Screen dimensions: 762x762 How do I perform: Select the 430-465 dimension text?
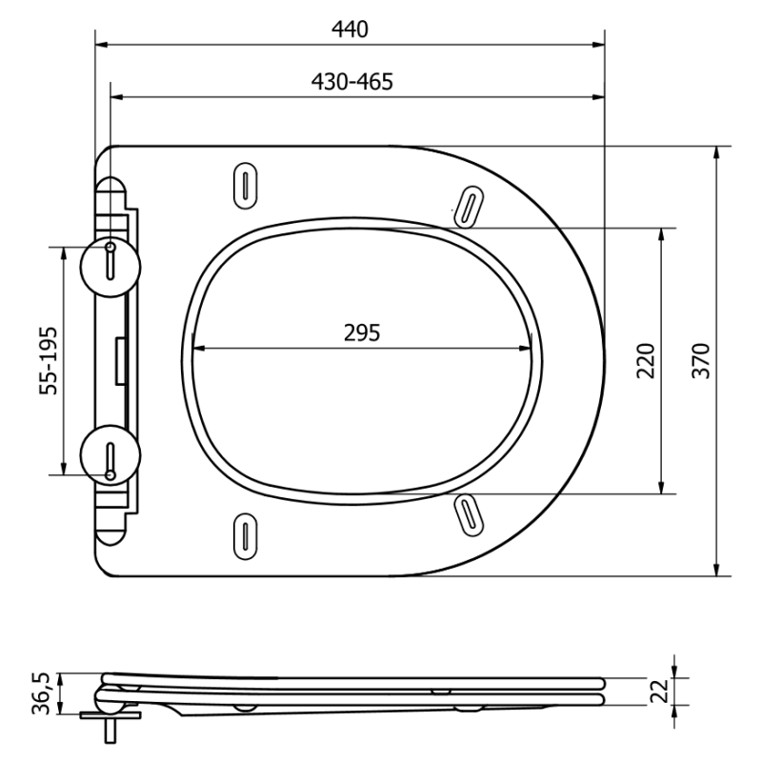351,82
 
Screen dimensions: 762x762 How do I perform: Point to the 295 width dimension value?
362,332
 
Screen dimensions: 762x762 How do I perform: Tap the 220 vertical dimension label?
647,360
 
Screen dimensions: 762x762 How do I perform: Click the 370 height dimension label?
702,360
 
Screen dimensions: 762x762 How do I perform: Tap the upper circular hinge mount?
111,260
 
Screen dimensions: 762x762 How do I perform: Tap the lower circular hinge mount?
111,458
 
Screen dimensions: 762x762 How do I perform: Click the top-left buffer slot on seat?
246,184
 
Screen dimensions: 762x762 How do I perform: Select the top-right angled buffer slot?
467,206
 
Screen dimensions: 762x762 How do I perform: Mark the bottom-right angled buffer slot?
467,512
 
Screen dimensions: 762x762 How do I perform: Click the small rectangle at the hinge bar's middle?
121,361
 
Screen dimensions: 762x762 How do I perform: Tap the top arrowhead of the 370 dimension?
717,151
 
